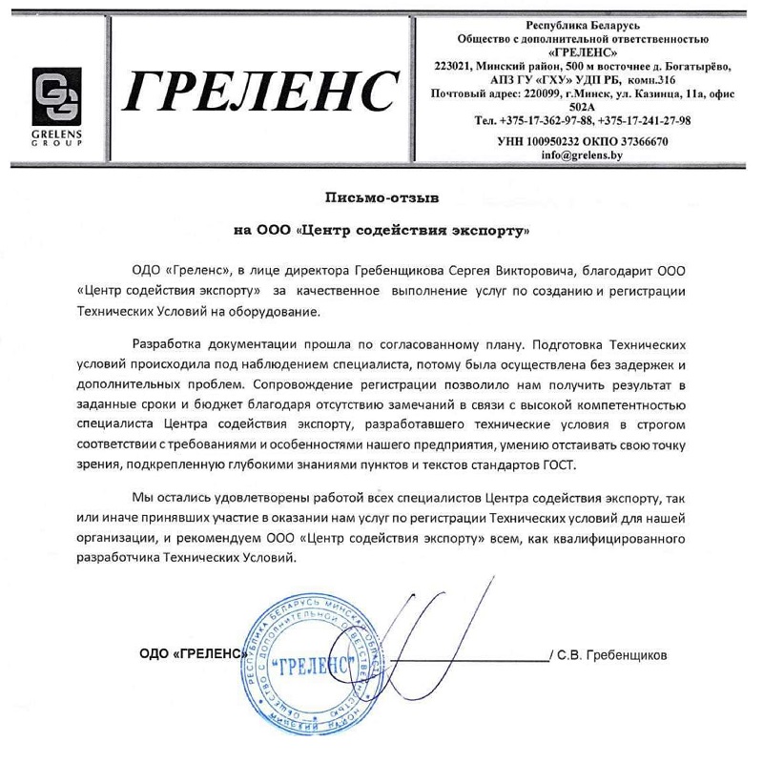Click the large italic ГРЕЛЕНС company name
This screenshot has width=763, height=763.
pos(261,90)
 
